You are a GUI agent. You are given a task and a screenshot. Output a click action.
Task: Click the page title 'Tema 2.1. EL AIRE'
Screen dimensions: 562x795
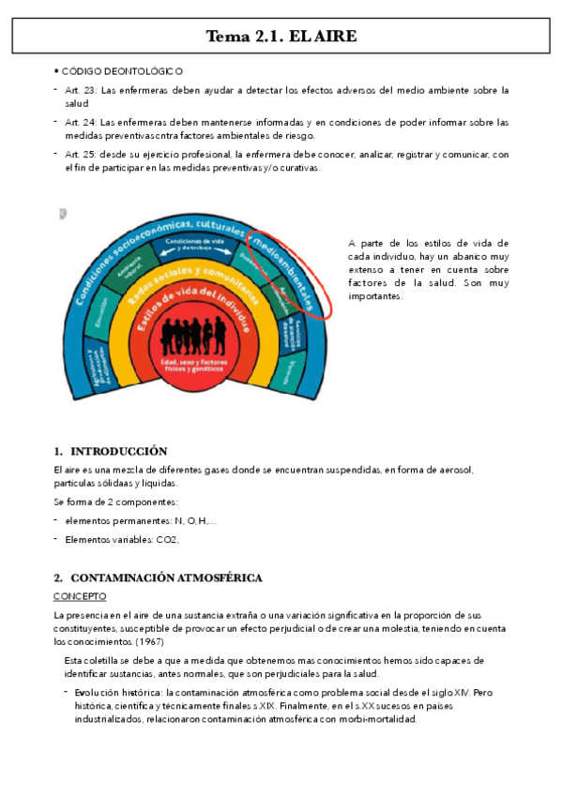[281, 37]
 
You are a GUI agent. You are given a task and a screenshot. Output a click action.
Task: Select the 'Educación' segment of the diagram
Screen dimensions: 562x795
[99, 314]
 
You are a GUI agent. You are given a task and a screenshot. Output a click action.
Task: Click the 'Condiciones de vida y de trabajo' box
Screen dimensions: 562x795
[194, 245]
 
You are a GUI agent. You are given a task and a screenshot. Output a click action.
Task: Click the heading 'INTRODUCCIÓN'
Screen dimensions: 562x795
[118, 451]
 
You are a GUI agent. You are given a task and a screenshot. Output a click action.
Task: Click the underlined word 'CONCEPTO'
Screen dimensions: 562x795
[80, 596]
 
